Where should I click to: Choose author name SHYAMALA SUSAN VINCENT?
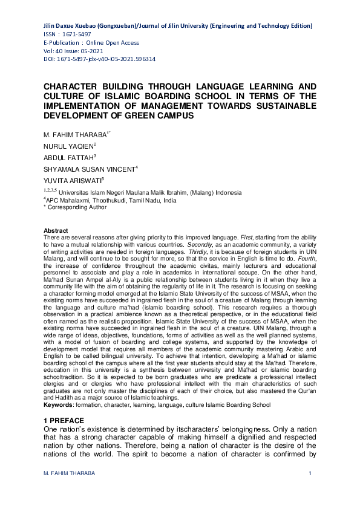(x=90, y=170)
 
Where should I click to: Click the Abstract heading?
(x=56, y=230)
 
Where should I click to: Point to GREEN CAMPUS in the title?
(x=170, y=115)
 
